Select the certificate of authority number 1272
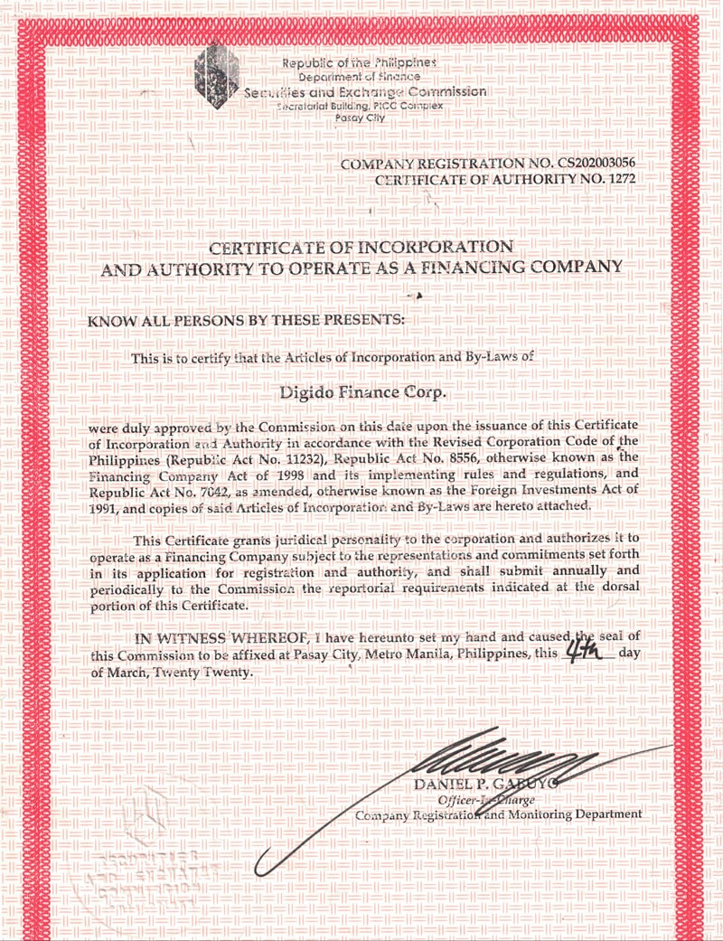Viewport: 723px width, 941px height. pyautogui.click(x=620, y=179)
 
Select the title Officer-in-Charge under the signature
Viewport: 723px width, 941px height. pyautogui.click(x=485, y=800)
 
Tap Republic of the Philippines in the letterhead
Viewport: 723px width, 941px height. pyautogui.click(x=360, y=63)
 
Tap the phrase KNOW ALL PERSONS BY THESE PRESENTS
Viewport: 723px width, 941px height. pyautogui.click(x=248, y=321)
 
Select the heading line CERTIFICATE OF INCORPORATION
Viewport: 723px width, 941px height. pyautogui.click(x=361, y=247)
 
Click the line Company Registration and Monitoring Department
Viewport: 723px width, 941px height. pyautogui.click(x=498, y=814)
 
